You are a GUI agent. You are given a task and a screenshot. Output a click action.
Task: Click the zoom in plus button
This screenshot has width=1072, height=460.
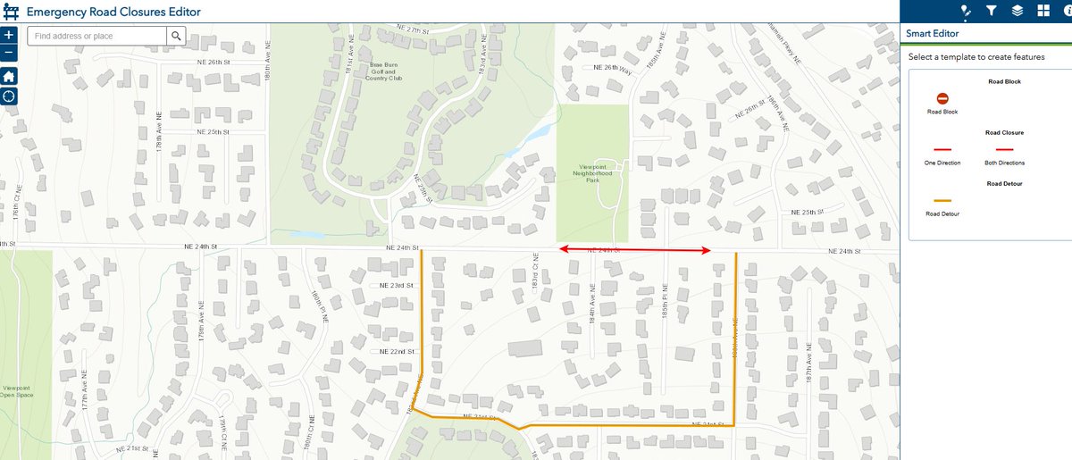click(x=9, y=35)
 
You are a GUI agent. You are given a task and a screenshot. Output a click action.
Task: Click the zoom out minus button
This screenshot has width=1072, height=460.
click(x=9, y=53)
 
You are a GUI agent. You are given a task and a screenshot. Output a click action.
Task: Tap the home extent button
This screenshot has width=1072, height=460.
click(x=9, y=76)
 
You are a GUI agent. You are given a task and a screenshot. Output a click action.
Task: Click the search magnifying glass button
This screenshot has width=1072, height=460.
click(x=177, y=36)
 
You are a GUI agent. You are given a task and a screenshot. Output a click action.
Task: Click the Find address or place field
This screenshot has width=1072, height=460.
click(x=96, y=36)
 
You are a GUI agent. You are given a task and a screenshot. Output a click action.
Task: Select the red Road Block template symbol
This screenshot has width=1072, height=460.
click(x=942, y=98)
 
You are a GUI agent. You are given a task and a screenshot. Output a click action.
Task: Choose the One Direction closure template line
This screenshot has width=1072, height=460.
click(x=942, y=149)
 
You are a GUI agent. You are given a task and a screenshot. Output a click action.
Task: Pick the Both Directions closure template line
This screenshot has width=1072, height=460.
click(x=1004, y=149)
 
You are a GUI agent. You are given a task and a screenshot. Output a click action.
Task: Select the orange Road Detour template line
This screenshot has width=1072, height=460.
click(x=942, y=201)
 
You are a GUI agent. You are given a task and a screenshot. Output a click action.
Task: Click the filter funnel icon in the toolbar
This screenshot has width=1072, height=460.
click(x=991, y=11)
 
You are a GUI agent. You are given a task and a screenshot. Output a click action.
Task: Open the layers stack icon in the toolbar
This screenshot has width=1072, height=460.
click(x=1017, y=11)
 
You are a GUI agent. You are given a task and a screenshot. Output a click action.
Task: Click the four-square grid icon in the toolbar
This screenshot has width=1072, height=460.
click(x=1043, y=11)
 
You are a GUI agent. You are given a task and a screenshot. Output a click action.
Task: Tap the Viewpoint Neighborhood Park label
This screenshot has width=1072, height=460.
click(x=592, y=173)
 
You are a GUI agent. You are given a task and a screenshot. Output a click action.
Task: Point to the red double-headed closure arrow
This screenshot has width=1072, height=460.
click(x=634, y=251)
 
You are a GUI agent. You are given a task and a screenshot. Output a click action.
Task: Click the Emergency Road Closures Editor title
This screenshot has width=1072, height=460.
click(x=113, y=12)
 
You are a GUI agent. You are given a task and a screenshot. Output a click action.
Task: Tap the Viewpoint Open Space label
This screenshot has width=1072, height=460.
click(x=17, y=392)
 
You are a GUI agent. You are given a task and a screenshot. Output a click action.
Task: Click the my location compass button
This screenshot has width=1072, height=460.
click(x=9, y=96)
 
